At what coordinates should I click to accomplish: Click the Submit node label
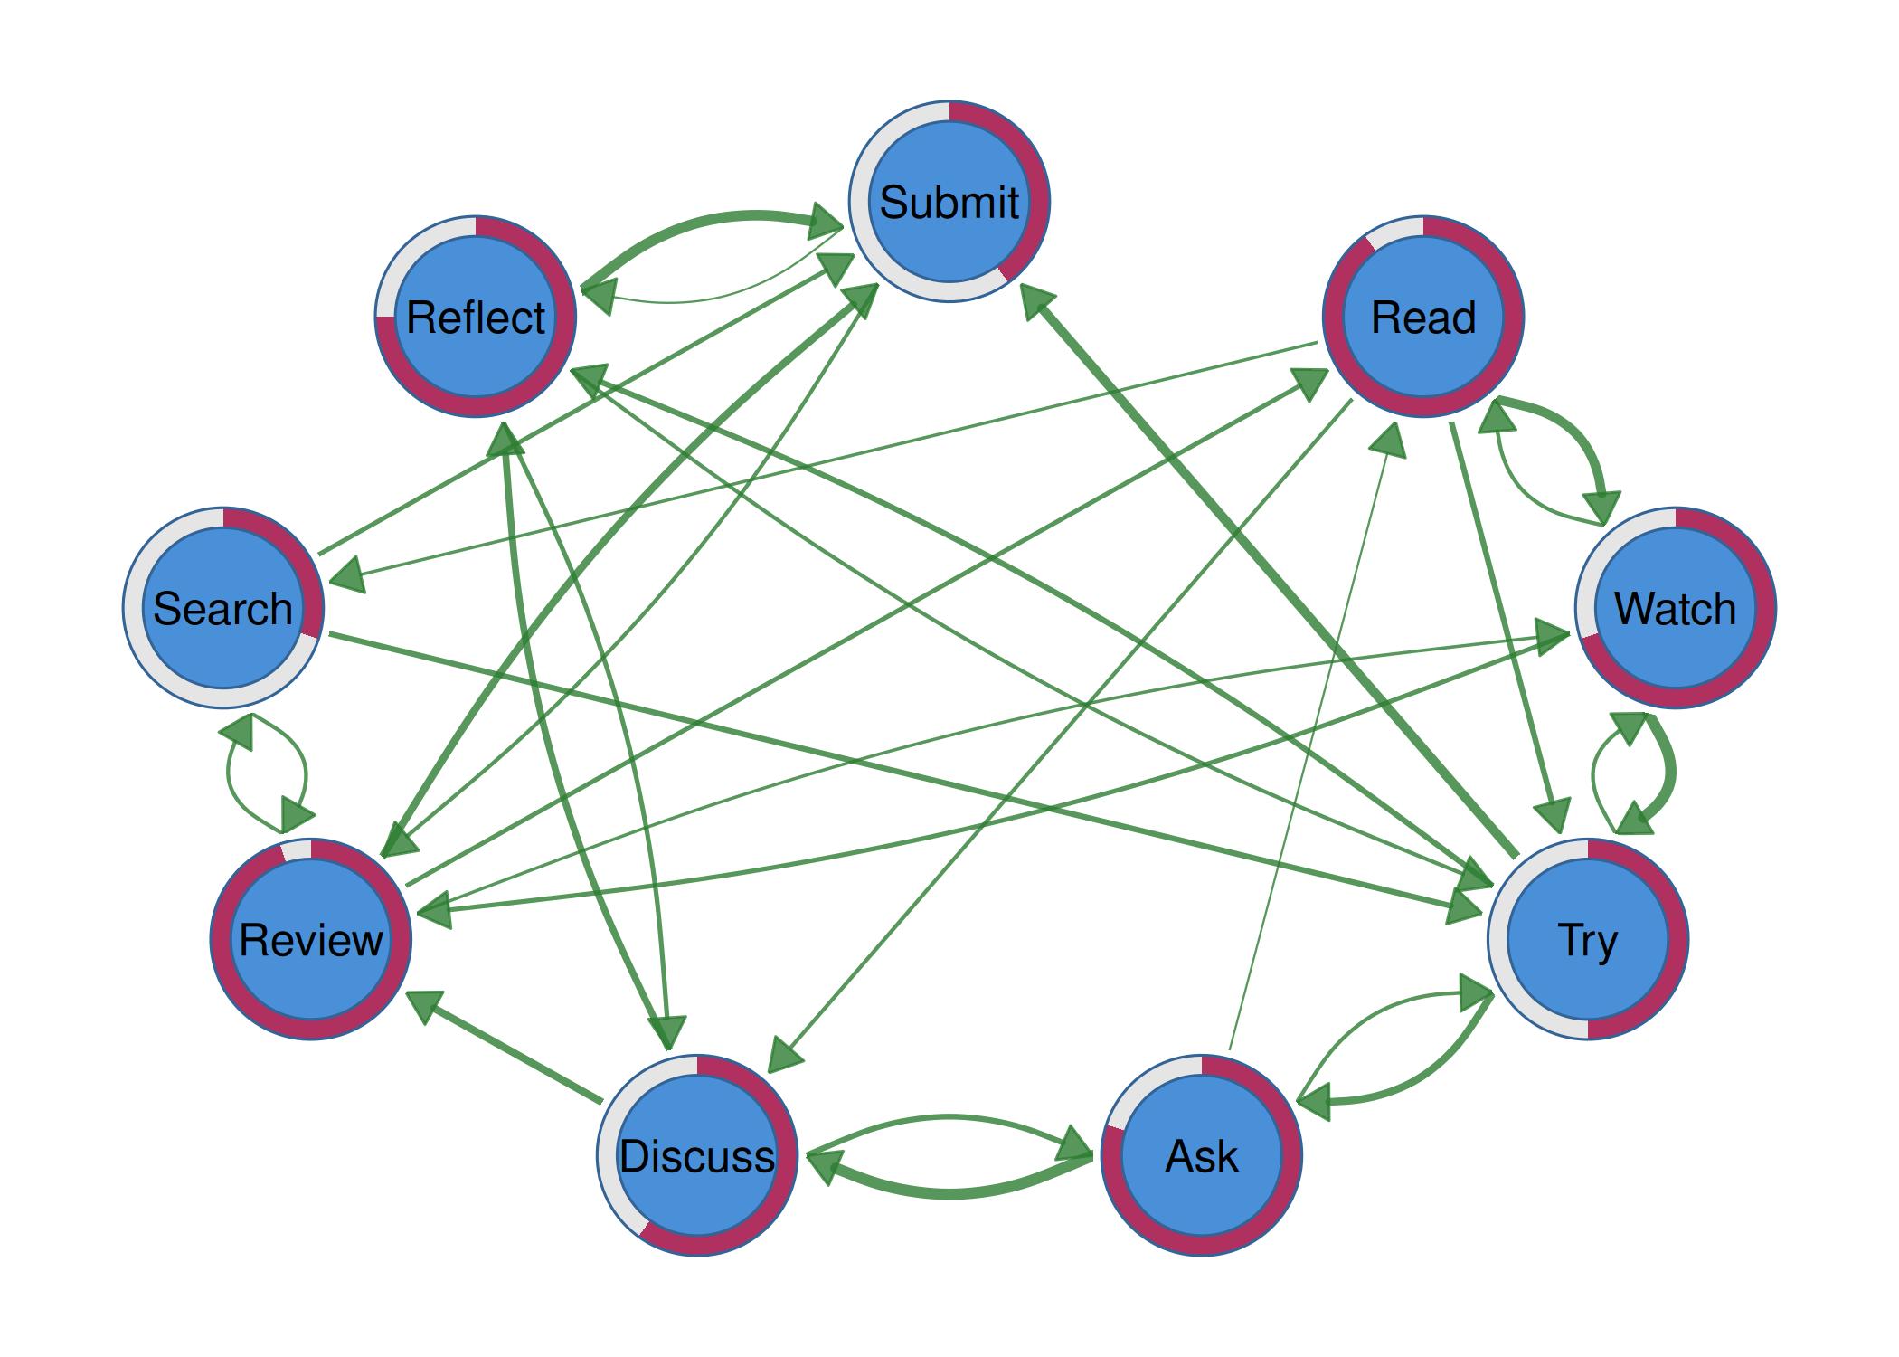949,202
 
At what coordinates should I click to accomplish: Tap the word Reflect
476,318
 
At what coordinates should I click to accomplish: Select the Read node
1422,318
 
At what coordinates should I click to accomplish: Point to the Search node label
222,608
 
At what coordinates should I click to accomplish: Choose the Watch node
1675,608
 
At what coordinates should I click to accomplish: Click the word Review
311,939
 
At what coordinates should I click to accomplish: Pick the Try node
1587,939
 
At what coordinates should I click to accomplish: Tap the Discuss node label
697,1156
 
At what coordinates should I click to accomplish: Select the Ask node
1202,1156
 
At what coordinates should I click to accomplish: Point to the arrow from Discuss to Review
506,1047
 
